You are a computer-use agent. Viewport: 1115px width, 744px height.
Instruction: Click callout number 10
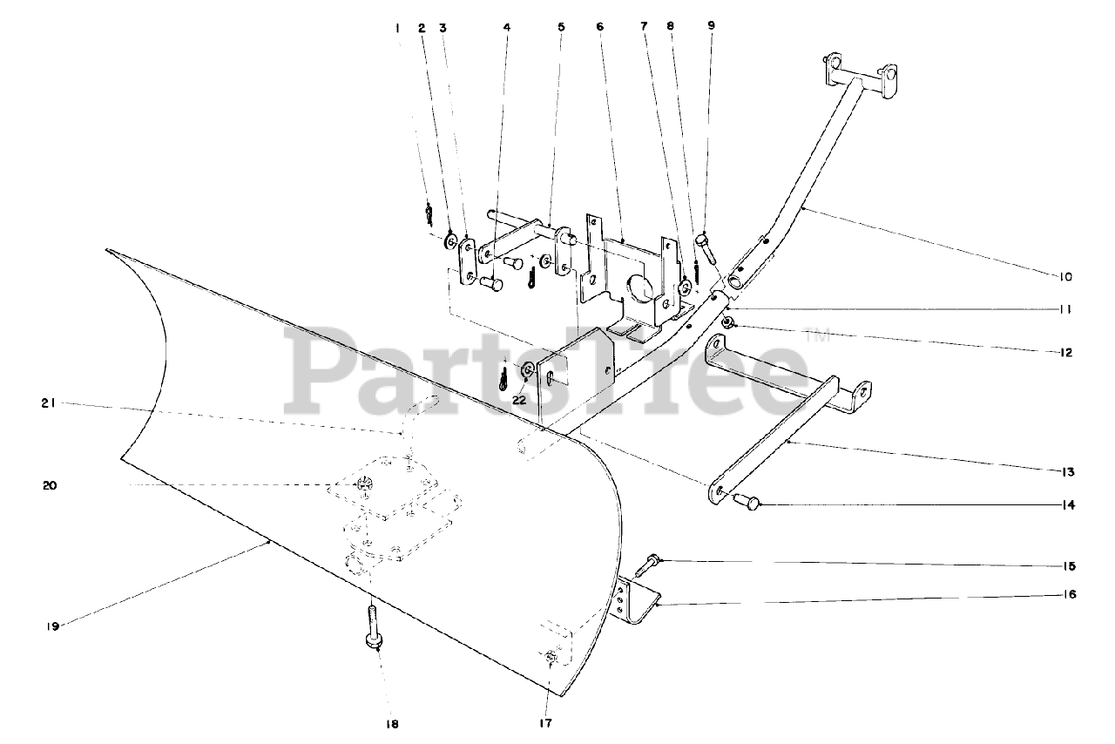pyautogui.click(x=1065, y=277)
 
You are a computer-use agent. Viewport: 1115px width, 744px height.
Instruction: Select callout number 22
pyautogui.click(x=519, y=400)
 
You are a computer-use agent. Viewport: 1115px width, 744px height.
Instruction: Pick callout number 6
pyautogui.click(x=599, y=27)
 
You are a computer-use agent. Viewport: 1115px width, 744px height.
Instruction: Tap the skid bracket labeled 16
pyautogui.click(x=634, y=602)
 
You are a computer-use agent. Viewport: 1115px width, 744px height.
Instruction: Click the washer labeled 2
pyautogui.click(x=451, y=240)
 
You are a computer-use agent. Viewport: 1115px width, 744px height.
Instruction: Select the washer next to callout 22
pyautogui.click(x=529, y=372)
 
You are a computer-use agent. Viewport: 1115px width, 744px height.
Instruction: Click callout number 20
pyautogui.click(x=50, y=485)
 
